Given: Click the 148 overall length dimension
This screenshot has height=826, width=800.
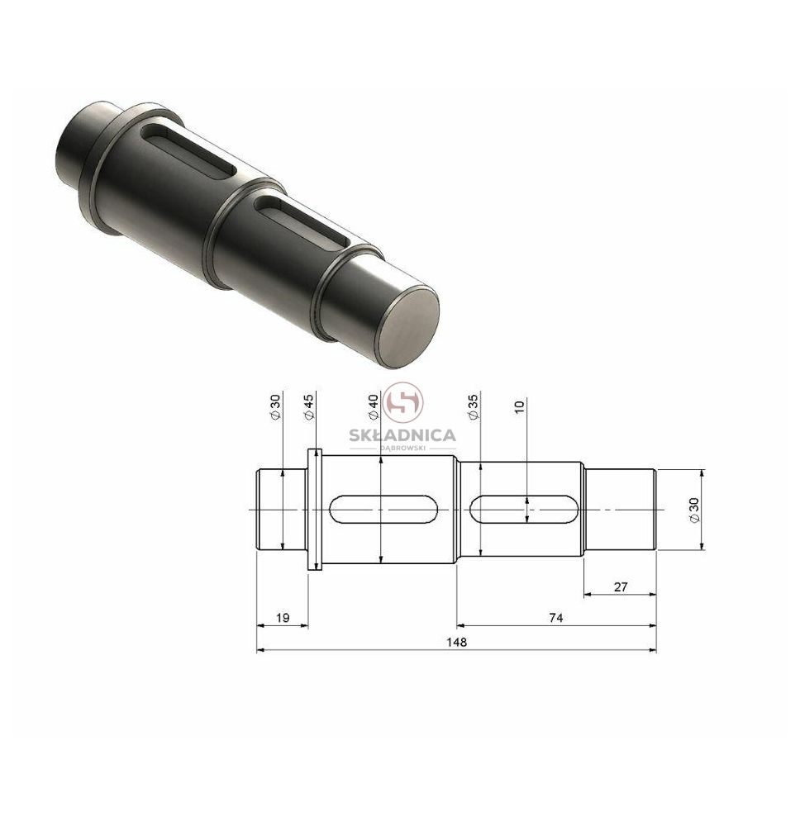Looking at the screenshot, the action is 456,642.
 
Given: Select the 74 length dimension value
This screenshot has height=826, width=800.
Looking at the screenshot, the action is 556,618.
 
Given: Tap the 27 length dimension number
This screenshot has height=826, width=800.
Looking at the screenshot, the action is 621,586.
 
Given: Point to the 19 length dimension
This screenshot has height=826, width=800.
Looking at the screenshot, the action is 283,618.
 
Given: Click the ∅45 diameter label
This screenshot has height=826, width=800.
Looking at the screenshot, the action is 309,406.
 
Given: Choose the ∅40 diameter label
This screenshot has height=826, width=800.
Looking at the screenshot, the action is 374,406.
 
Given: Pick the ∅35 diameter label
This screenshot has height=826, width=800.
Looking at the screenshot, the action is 474,406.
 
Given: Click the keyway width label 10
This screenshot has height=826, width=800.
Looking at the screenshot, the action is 519,406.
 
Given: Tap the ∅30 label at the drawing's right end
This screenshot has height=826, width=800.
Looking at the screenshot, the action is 694,510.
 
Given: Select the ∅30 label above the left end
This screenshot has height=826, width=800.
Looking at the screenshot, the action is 275,406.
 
